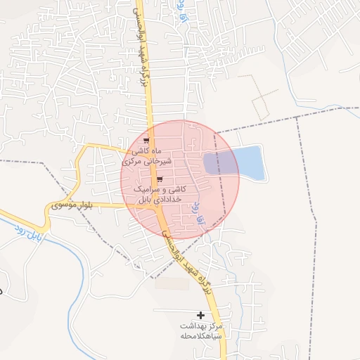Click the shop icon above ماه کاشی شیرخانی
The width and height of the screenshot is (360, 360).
click(x=146, y=141)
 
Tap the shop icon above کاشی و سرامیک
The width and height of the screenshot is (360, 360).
click(x=149, y=179)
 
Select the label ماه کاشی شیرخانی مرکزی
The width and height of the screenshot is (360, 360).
click(x=146, y=156)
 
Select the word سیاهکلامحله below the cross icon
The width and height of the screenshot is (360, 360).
click(x=200, y=336)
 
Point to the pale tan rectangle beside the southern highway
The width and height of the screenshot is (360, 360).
click(x=173, y=283)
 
